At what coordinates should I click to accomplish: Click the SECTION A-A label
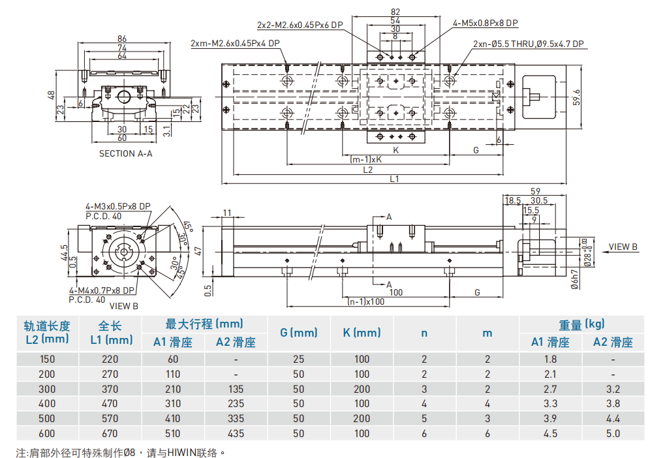coord(125,154)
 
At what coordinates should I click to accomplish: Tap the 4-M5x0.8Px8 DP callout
coord(486,23)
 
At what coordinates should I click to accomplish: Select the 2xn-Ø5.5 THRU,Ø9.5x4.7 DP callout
coord(528,44)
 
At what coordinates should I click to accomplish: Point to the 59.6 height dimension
coord(576,96)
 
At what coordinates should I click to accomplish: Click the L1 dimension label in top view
coord(394,178)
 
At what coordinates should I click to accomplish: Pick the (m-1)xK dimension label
coord(366,159)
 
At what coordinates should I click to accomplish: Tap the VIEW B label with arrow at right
coord(623,247)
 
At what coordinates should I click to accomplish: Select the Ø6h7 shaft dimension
coord(575,278)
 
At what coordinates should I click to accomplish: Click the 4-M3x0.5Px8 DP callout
coord(117,206)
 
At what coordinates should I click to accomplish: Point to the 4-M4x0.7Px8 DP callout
coord(102,291)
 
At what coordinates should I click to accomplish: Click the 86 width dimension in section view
coord(121,39)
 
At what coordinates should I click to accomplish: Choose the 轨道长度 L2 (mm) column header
coord(46,332)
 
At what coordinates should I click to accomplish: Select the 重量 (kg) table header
coord(581,324)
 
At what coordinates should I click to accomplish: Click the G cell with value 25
coord(298,359)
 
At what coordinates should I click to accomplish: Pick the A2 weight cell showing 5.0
coord(613,433)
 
